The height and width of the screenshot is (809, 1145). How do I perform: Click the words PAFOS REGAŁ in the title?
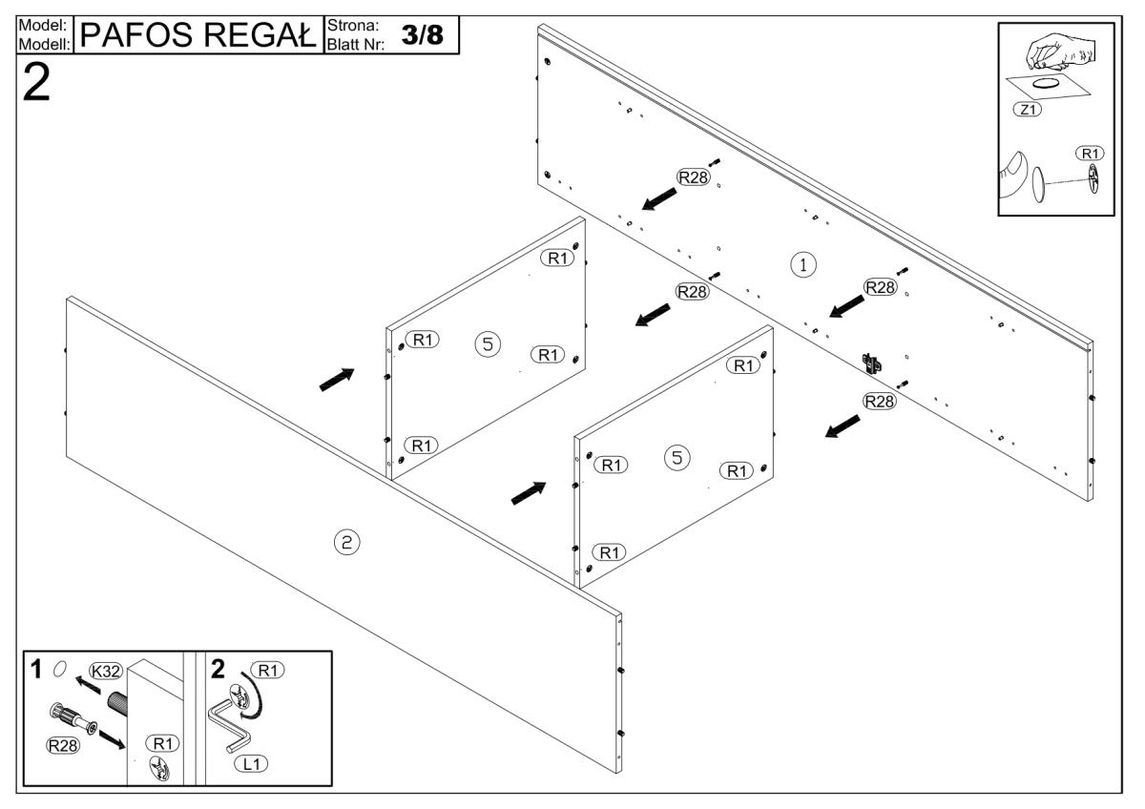(198, 35)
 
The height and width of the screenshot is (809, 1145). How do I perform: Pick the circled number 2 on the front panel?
(345, 543)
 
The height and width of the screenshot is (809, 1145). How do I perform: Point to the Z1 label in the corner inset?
(1029, 109)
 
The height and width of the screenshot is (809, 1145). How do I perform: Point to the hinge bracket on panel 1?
(870, 361)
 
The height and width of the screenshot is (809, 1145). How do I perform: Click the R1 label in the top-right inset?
(1089, 153)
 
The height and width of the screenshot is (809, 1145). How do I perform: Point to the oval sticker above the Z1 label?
(1047, 84)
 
